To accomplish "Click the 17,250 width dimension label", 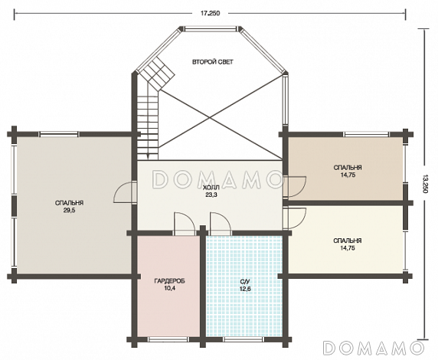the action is tap(210, 13).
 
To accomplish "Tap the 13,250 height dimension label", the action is tap(425, 184).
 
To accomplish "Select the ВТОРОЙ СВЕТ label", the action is tap(213, 62).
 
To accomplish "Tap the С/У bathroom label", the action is tap(245, 281).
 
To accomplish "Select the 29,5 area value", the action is tap(69, 211).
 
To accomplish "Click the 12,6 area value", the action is tap(245, 289).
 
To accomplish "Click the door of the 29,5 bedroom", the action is tap(125, 192).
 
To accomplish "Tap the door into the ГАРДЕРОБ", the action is tap(184, 224).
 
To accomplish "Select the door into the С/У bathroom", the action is tap(221, 224).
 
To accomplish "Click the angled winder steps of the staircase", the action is tap(157, 74).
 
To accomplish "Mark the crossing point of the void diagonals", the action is tap(209, 118).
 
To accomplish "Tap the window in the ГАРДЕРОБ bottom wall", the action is tap(168, 339).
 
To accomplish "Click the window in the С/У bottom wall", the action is tap(244, 339).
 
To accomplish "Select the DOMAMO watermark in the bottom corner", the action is tap(373, 348).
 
